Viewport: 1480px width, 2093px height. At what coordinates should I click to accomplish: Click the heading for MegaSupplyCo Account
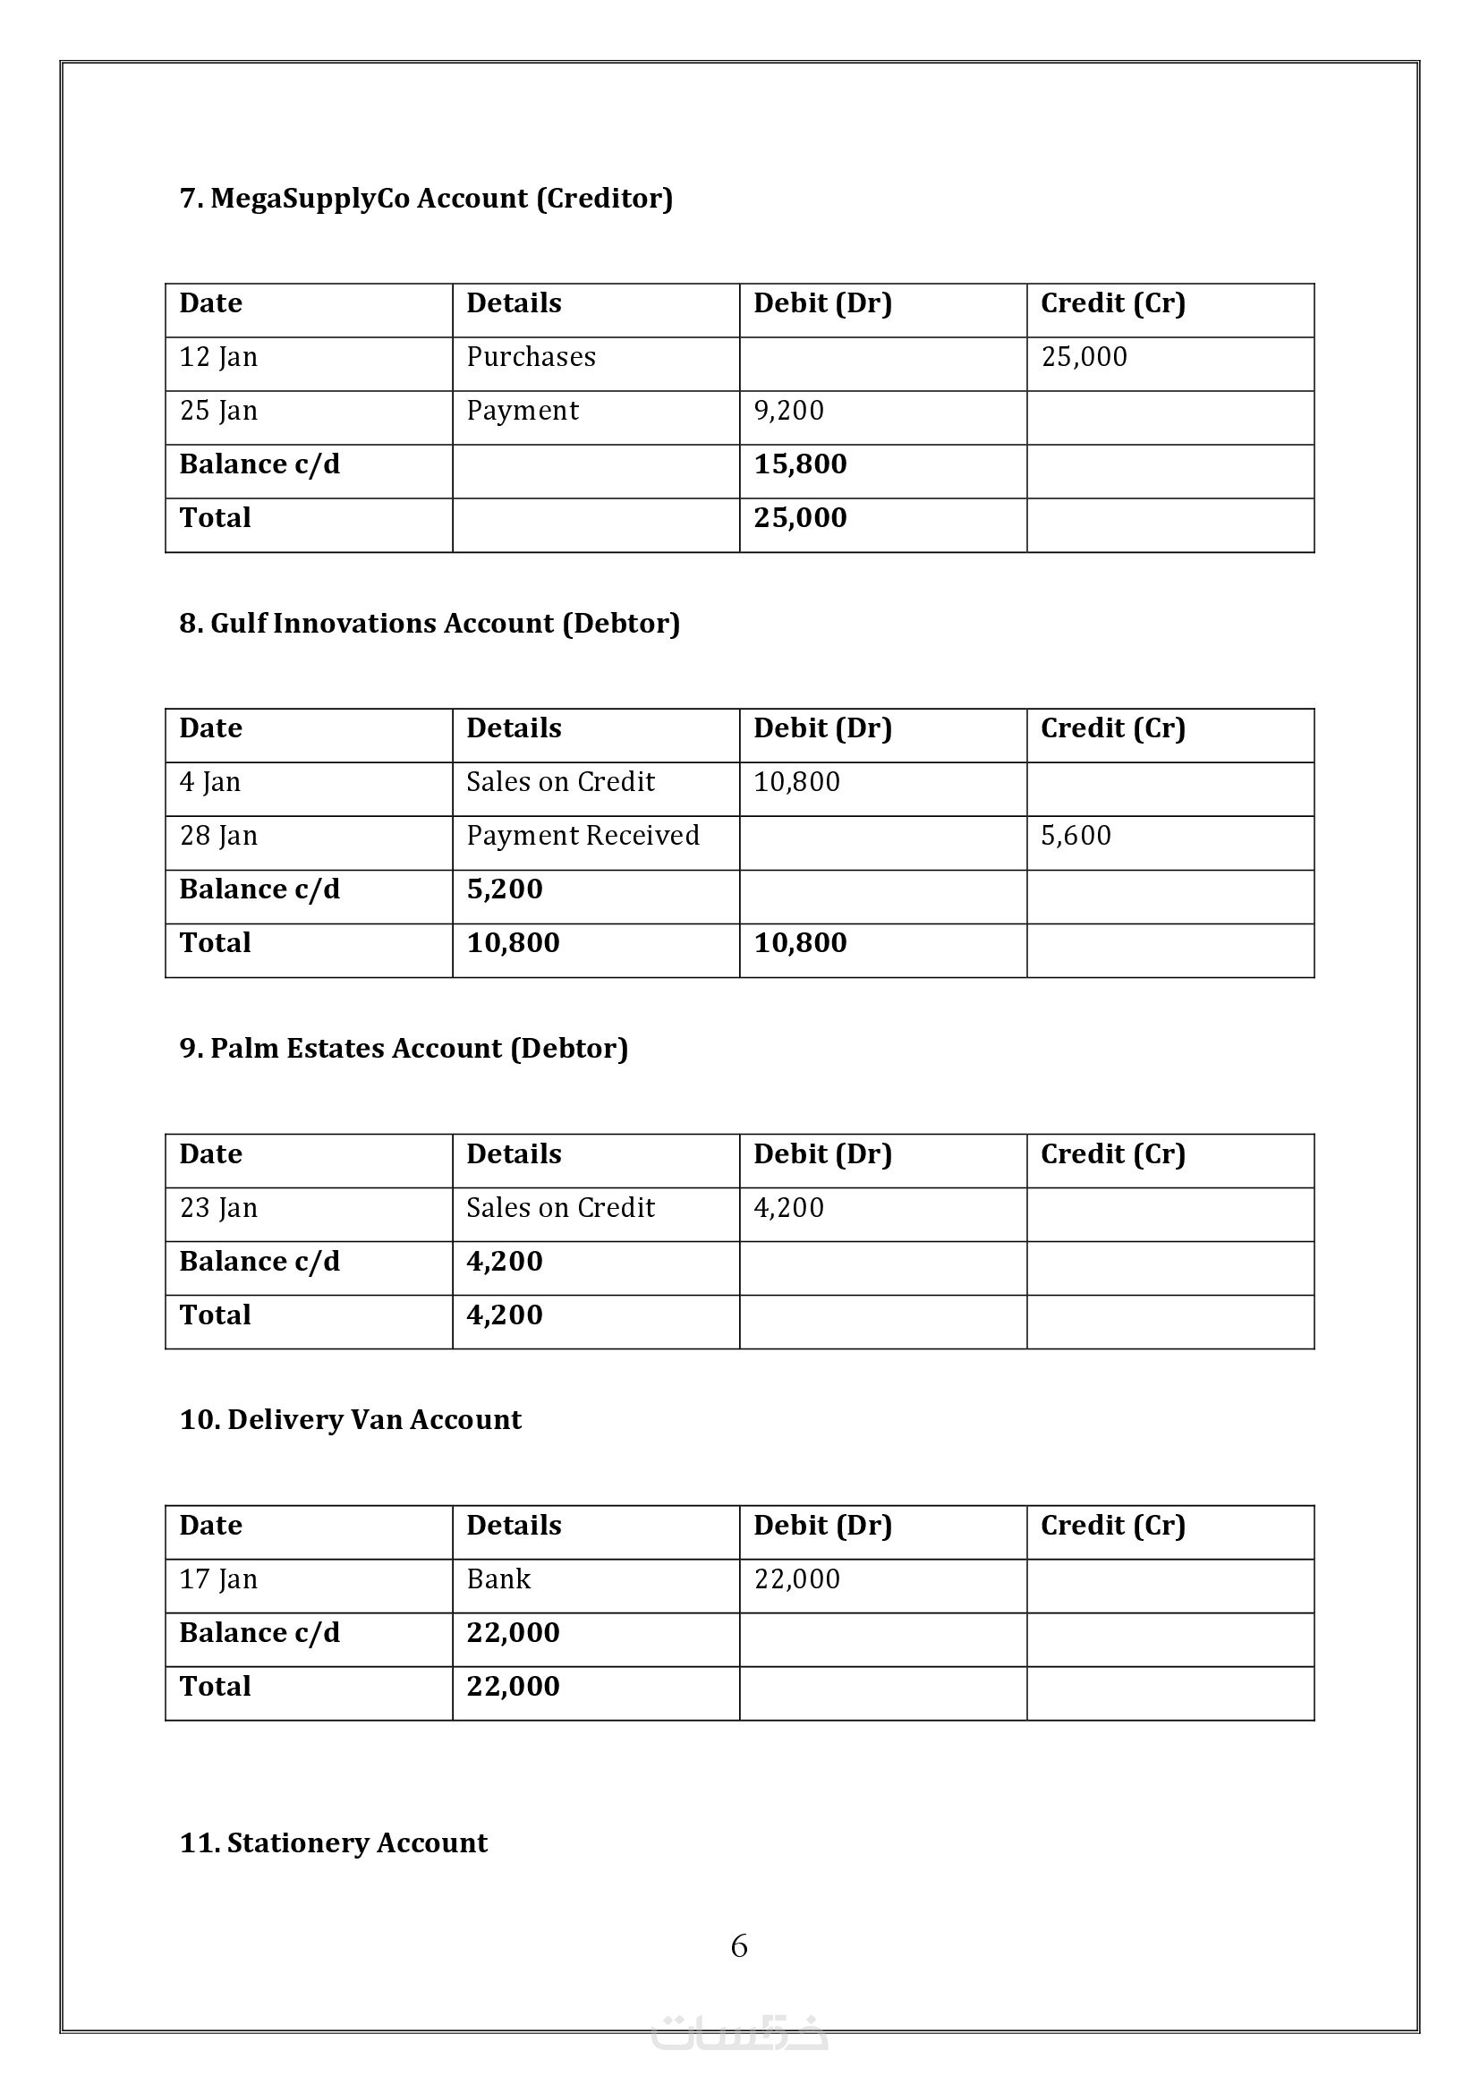426,199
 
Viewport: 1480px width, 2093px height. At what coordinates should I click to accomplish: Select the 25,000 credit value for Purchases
1084,356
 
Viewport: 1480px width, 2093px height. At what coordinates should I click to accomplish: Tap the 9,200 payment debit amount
788,410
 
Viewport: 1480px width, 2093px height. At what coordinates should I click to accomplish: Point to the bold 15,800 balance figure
800,464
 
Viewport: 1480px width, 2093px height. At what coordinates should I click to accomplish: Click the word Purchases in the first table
531,356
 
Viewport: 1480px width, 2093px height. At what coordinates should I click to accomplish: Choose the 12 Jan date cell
218,356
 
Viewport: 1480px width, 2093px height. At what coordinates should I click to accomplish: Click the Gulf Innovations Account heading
430,624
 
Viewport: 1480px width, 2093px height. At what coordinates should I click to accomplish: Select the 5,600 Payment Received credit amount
1076,835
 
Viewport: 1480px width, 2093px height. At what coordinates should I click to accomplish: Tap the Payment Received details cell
583,835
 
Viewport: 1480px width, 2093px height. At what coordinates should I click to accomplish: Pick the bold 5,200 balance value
504,889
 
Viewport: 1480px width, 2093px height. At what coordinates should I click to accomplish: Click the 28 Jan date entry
218,835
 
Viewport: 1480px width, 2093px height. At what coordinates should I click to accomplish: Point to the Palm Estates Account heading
404,1049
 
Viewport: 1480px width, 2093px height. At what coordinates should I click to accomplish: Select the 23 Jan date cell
218,1208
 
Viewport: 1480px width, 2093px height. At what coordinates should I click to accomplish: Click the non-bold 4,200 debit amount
788,1208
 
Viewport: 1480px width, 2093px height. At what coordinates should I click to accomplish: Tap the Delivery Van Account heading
350,1419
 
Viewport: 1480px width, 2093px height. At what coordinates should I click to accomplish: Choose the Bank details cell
498,1578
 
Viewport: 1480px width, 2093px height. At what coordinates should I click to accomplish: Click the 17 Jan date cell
218,1578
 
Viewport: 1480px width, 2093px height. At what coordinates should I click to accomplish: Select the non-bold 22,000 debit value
796,1578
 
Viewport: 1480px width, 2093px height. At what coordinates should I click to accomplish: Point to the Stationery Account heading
334,1843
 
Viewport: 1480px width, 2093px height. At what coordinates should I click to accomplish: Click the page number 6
739,1946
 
